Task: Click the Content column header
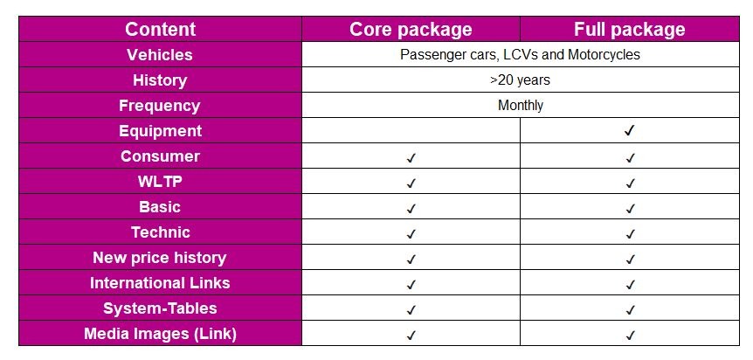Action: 160,29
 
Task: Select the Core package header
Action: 411,29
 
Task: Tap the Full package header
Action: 629,29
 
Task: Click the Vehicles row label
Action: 160,54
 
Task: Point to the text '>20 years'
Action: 520,80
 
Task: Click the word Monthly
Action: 520,105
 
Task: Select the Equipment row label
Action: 160,131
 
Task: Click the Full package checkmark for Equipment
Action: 629,131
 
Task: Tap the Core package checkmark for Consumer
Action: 411,158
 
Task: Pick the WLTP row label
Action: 160,182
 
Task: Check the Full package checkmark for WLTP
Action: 629,183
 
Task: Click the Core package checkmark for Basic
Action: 411,209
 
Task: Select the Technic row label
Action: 160,232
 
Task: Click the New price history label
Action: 160,258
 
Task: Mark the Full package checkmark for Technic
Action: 629,234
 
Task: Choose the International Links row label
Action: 160,283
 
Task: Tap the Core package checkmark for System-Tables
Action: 411,310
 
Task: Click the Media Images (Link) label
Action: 160,334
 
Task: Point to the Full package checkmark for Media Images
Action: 629,336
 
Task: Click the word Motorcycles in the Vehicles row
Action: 604,54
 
